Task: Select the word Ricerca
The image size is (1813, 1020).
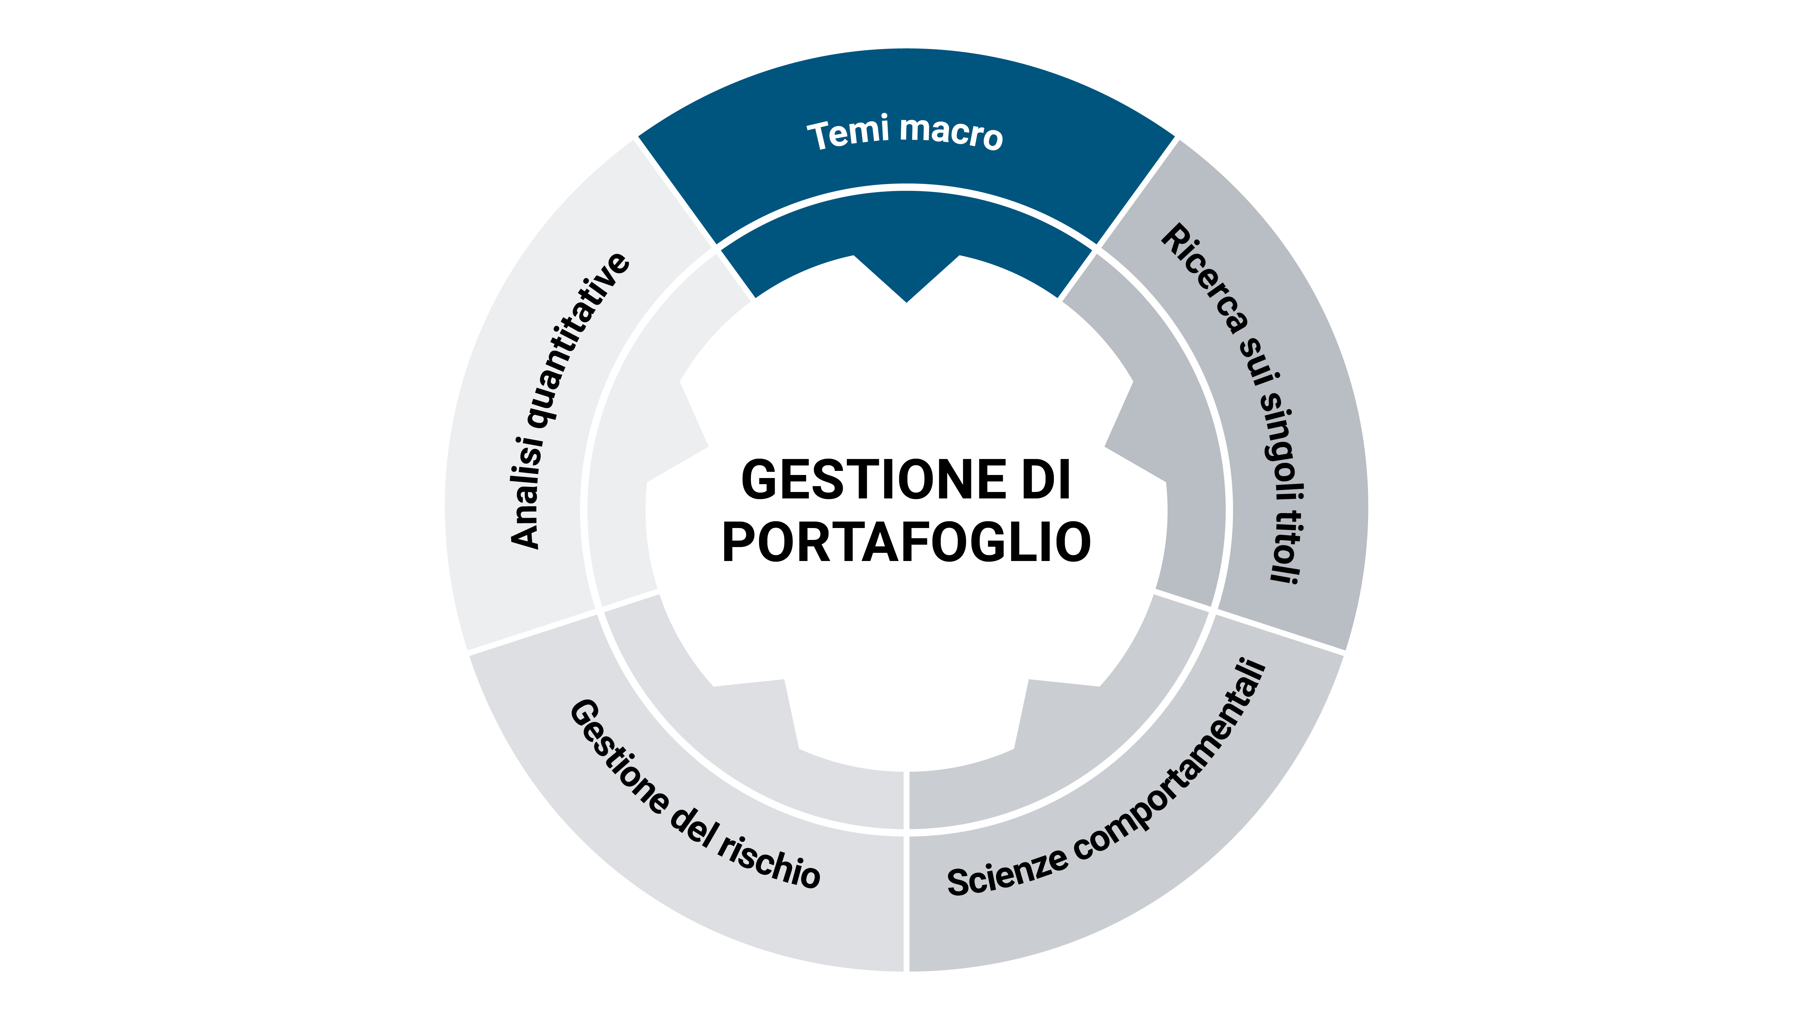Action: pos(1203,278)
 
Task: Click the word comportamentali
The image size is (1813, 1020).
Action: pos(1182,764)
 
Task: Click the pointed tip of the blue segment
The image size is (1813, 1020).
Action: pos(906,299)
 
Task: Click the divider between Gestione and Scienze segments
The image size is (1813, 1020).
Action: pos(906,873)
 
